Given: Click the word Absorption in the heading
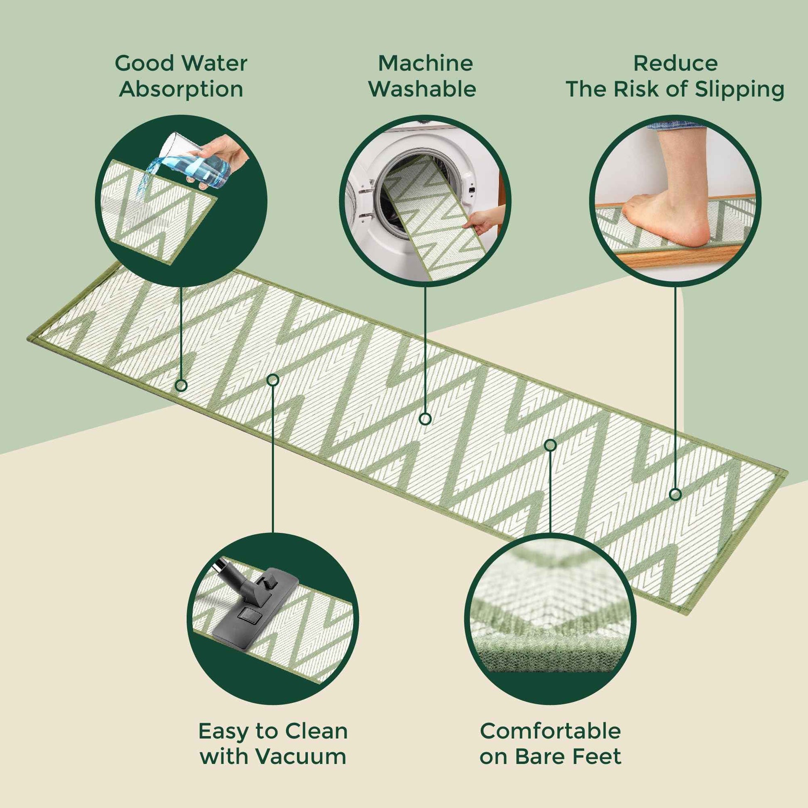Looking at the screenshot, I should click(181, 89).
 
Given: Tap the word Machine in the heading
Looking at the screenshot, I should click(425, 64).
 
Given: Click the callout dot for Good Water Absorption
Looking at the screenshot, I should click(181, 385).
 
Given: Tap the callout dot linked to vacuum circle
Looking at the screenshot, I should click(273, 380).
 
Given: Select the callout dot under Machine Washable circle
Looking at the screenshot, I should click(425, 419).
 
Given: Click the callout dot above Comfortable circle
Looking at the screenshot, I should click(551, 445).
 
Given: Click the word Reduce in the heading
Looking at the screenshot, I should click(676, 64).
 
